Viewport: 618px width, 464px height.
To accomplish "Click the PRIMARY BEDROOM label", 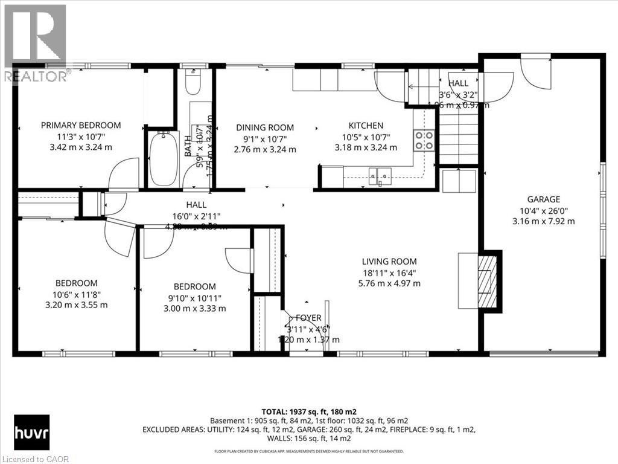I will pos(81,125).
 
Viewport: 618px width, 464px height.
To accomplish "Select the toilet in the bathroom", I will pos(193,83).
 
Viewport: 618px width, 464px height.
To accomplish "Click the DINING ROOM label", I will pos(265,127).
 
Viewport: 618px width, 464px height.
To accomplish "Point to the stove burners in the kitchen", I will pos(424,140).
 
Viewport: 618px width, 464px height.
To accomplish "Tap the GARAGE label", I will pos(543,199).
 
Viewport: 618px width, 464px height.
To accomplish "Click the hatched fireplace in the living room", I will pos(487,281).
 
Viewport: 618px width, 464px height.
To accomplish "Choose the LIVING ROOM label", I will pos(389,262).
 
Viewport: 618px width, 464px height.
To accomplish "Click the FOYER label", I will pos(308,318).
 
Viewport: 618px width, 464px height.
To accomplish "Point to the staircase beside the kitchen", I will pos(458,142).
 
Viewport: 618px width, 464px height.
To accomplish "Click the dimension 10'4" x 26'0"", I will pos(543,210).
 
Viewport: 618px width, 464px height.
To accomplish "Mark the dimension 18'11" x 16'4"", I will pos(389,272).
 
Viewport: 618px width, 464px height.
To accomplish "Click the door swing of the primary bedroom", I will pos(126,174).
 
